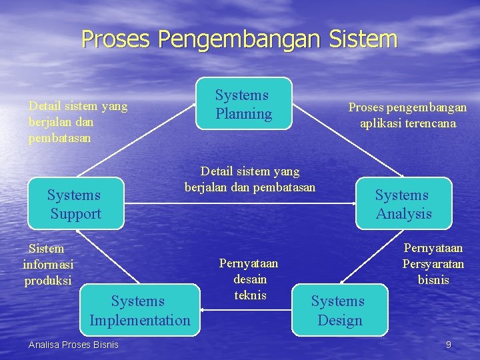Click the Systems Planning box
point(244,103)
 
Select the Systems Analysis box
point(403,203)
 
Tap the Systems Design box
point(339,310)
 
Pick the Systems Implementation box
point(140,310)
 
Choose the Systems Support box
point(75,203)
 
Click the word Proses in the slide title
point(117,39)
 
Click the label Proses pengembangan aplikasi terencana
point(407,115)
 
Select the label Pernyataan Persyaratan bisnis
point(433,264)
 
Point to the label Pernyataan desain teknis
point(249,279)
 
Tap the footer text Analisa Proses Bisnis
point(73,345)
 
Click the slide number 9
point(449,345)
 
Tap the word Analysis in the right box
point(404,213)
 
